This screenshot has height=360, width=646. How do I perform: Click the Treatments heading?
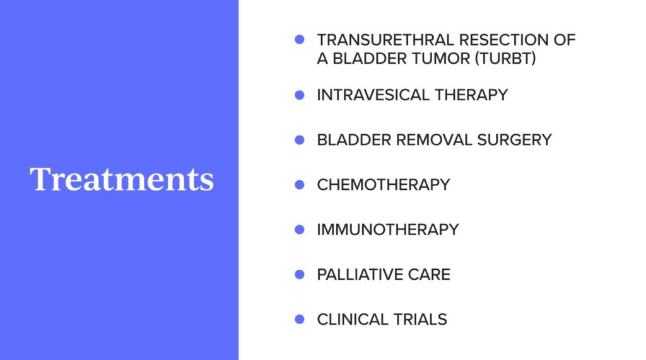[122, 179]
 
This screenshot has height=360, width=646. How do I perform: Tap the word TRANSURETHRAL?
[385, 40]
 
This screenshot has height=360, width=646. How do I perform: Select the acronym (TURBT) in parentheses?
[505, 59]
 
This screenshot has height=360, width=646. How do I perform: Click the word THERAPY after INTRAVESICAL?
[471, 95]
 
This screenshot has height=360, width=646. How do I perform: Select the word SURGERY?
[515, 140]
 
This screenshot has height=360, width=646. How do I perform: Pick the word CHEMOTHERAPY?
[384, 185]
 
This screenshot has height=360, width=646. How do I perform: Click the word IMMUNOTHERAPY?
[388, 230]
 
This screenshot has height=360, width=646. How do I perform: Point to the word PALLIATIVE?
[360, 275]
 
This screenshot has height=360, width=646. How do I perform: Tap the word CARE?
[429, 275]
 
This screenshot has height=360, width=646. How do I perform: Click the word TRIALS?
[420, 320]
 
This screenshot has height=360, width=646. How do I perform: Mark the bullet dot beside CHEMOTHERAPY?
[300, 185]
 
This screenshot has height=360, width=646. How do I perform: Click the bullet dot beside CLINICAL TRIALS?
[300, 319]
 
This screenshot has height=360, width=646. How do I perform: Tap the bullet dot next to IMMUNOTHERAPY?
[300, 229]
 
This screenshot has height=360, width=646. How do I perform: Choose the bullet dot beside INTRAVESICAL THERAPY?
[300, 95]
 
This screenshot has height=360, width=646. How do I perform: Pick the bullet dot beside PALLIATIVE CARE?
[300, 274]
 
